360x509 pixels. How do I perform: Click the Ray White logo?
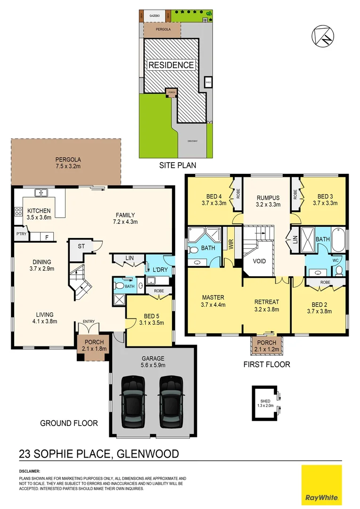click(322, 484)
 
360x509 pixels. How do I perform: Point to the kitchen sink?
click(42, 192)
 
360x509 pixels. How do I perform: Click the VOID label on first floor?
click(260, 261)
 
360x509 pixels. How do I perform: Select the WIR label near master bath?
click(231, 243)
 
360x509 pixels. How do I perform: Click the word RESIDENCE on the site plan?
click(171, 65)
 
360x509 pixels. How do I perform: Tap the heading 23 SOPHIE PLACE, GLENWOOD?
click(98, 454)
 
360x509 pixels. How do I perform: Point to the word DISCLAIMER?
click(30, 471)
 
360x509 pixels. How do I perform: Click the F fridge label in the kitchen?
click(47, 237)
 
